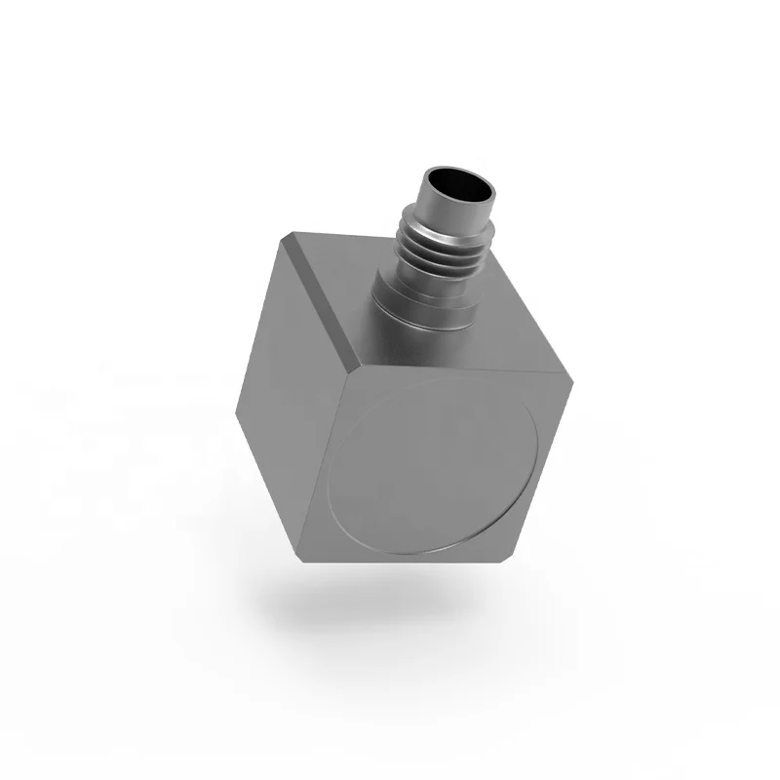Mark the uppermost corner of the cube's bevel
(289, 232)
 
